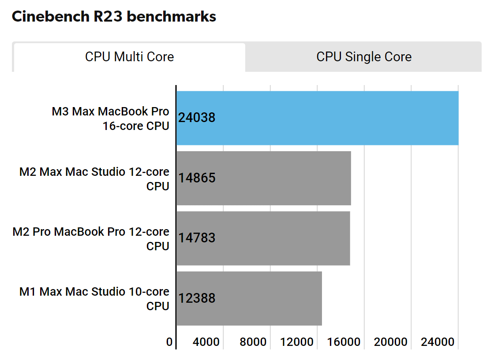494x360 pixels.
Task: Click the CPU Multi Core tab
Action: [129, 57]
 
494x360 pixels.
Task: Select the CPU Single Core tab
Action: [364, 57]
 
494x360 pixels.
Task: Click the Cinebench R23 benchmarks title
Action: [114, 16]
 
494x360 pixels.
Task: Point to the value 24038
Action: [197, 118]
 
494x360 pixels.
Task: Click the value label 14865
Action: [197, 178]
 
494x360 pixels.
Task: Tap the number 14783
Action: [197, 238]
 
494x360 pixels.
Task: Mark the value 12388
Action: [197, 298]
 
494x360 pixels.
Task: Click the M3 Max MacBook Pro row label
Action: [110, 119]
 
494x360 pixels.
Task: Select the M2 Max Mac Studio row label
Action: [94, 179]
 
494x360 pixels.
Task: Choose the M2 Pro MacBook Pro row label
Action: [91, 239]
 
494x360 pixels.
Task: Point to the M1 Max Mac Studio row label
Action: [94, 299]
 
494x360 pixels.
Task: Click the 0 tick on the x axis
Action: [169, 342]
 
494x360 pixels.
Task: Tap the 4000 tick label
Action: [206, 342]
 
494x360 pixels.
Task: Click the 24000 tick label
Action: [440, 342]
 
